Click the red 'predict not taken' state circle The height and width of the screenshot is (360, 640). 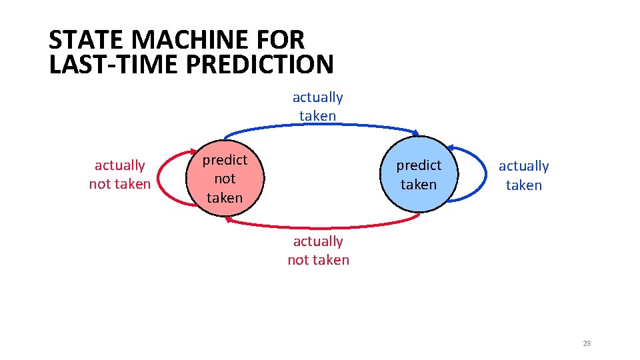(225, 178)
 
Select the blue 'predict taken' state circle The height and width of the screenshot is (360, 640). (419, 175)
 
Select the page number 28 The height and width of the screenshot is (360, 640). (587, 343)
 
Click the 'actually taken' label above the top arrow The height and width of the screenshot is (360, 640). (318, 107)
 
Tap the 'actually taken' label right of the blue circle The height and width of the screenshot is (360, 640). (524, 175)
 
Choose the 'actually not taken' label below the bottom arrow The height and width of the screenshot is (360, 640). (318, 251)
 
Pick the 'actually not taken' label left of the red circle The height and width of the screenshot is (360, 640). (120, 175)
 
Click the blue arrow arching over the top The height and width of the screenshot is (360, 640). (320, 125)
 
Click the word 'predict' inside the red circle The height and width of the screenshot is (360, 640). (225, 160)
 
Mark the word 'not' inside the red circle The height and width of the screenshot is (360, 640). (225, 179)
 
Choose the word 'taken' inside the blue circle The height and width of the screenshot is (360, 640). (419, 185)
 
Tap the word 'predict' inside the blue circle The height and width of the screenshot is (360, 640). (419, 165)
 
